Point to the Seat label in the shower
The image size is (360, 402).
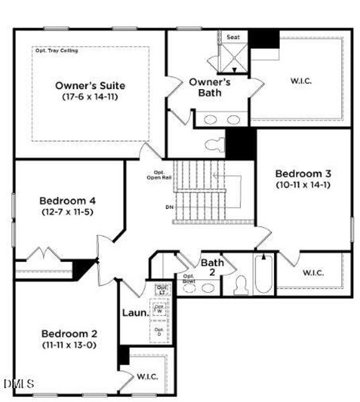[233, 37]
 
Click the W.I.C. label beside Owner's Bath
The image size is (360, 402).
[300, 81]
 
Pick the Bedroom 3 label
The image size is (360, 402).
[303, 173]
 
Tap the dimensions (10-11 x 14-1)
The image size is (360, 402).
[303, 184]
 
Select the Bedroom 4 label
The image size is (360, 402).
[67, 200]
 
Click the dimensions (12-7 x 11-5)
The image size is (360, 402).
[67, 212]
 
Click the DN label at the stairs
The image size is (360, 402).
[169, 207]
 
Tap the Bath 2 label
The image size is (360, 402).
[212, 267]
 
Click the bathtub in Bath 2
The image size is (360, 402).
[263, 275]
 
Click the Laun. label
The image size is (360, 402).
[135, 312]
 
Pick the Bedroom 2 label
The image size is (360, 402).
[69, 334]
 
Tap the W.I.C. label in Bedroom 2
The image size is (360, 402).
[147, 377]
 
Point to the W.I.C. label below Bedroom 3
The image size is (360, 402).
[313, 273]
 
